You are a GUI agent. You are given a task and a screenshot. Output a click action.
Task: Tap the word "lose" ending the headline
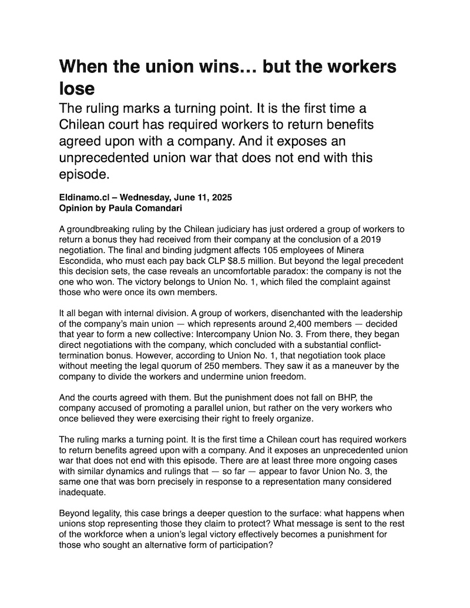pos(76,88)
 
